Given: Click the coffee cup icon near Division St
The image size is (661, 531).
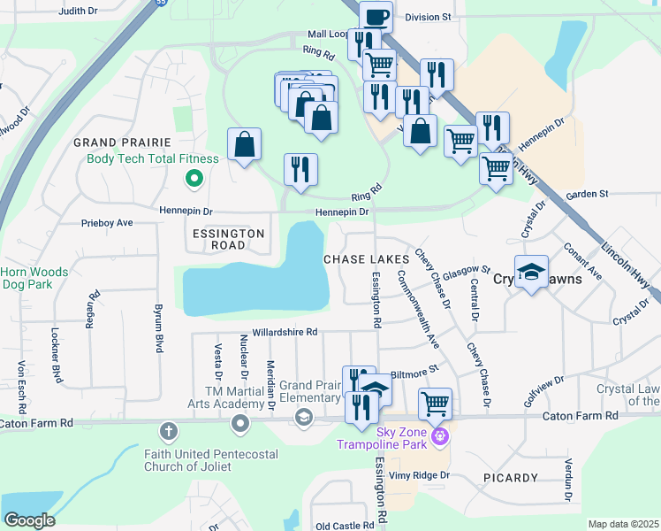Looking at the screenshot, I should [376, 16].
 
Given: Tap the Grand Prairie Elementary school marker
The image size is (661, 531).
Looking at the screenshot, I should [304, 417].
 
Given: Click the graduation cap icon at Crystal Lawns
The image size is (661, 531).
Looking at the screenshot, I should [531, 272].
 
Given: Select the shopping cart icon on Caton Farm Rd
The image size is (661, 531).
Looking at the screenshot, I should [435, 404].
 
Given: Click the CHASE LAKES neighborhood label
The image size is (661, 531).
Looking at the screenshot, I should [365, 259].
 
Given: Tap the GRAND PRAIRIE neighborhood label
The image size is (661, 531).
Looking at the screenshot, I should [121, 142].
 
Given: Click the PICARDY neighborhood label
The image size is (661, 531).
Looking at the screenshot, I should [511, 478].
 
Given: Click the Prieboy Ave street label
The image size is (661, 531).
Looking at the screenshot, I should [106, 223].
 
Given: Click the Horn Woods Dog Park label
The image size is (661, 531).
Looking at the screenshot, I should [34, 279].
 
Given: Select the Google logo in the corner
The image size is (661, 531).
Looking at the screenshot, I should [29, 520].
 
